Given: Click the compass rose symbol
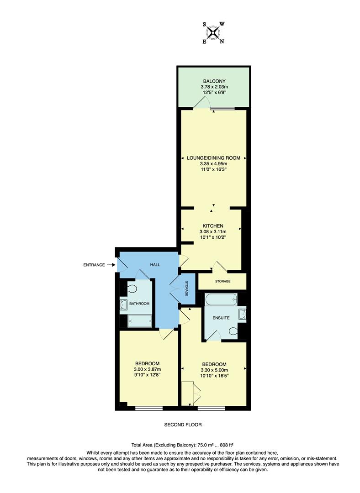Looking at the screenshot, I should point(213,32).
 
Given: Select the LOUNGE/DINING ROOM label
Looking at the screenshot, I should point(213,158).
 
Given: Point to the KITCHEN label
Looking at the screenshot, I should point(213,226).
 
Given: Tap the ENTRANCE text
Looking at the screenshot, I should point(94,265).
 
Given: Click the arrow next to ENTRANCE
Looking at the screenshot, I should point(111,265).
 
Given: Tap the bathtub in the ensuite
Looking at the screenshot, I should point(221,299).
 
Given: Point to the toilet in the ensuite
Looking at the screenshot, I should point(234,331).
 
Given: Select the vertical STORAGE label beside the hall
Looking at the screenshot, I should point(187,289).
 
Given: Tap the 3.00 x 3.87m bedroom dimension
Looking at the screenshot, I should point(147,369).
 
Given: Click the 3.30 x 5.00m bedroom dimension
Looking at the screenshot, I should point(214,370).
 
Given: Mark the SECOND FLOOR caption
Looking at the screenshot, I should point(183,425).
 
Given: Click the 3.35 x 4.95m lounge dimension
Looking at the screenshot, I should point(213,163).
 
